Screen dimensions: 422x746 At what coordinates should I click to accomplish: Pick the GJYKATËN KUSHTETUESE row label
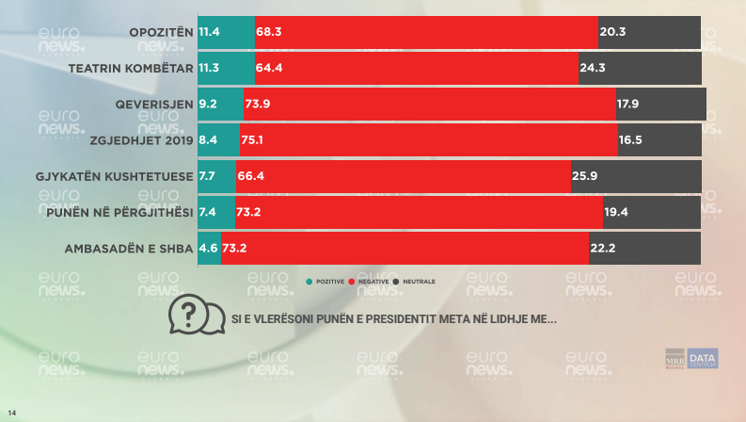tap(127, 176)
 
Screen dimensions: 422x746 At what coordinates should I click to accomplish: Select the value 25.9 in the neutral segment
tap(585, 176)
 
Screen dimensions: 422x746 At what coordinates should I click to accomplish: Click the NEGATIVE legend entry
tap(374, 282)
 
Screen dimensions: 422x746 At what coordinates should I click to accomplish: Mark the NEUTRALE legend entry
tap(418, 282)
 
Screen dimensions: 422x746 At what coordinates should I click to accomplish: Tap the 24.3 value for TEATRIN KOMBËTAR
tap(594, 68)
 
